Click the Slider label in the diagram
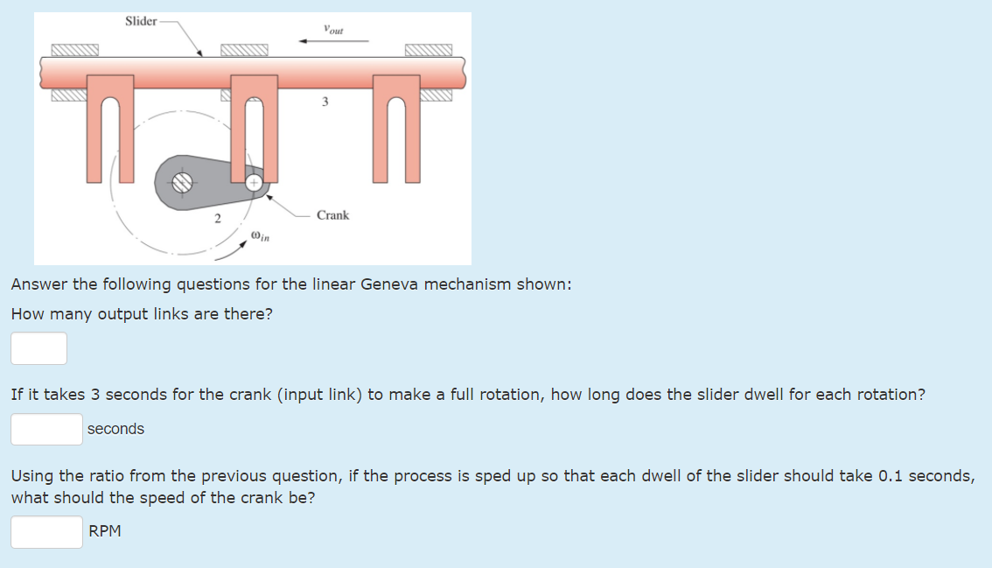[x=141, y=21]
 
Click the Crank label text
[x=332, y=215]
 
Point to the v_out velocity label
[x=332, y=29]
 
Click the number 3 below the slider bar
[x=325, y=102]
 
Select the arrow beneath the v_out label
[x=333, y=40]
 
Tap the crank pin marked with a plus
[x=253, y=183]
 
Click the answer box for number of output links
[x=38, y=348]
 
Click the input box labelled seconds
[x=47, y=429]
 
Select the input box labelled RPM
[x=47, y=531]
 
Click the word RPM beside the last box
[x=105, y=531]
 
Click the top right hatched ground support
[x=429, y=51]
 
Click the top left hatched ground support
[x=74, y=51]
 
